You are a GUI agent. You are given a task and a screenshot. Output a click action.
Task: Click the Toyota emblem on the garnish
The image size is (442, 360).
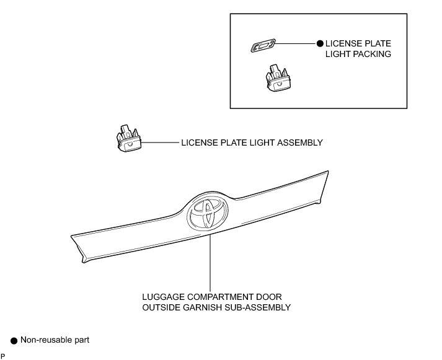(207, 215)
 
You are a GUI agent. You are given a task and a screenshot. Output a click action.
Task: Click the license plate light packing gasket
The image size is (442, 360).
(263, 46)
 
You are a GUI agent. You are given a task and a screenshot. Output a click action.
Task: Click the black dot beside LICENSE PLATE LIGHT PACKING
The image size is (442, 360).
(320, 44)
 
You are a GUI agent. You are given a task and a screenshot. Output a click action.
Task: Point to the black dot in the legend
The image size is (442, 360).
(14, 341)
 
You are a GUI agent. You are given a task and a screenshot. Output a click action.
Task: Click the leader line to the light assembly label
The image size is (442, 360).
(160, 143)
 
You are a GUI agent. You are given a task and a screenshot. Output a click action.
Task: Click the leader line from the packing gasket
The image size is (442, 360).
(296, 44)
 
